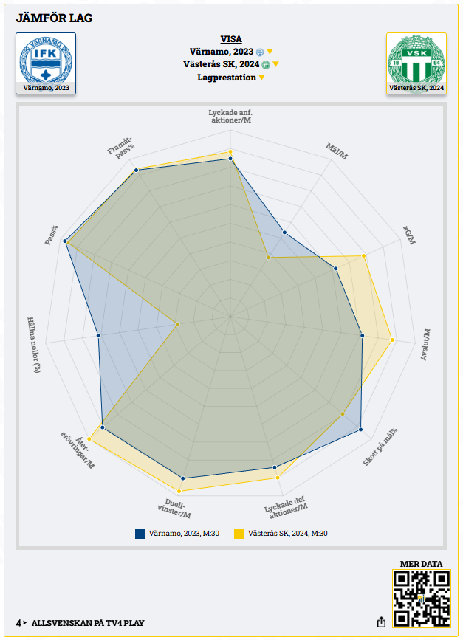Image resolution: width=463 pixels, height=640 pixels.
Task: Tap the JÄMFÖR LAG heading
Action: [55, 18]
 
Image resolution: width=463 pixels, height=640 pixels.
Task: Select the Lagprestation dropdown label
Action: [227, 78]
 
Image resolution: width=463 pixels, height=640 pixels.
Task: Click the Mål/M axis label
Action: [337, 152]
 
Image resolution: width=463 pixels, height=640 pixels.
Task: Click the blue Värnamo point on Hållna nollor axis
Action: [98, 335]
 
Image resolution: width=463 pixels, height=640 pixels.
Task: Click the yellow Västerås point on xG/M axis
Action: [364, 256]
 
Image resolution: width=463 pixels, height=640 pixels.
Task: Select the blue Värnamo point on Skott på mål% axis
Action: [361, 429]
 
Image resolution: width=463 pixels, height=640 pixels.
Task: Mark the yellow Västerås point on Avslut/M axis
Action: [392, 340]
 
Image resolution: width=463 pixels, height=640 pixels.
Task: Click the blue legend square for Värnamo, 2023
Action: [140, 533]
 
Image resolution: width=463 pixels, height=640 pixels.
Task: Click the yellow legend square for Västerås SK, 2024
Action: [239, 533]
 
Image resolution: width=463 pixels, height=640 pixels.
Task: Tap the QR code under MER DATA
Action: [422, 599]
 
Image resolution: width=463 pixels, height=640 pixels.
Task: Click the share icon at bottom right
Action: [381, 622]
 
